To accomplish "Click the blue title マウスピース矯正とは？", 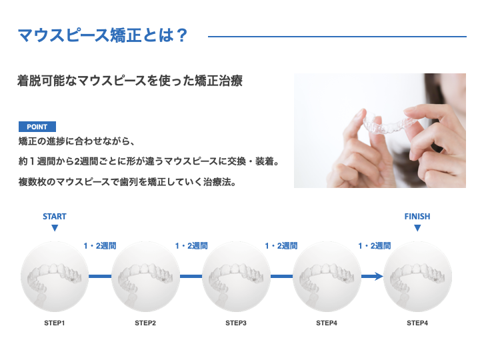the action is tap(102, 35).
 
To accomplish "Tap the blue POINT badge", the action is tap(37, 127).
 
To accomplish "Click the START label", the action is tap(55, 217).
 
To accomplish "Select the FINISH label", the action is tap(417, 217).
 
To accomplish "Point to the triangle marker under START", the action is tap(55, 228).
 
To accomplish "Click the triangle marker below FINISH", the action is tap(417, 228).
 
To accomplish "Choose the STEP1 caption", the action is tap(55, 323).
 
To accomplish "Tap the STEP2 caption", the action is tap(145, 323).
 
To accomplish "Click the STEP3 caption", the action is tap(236, 323).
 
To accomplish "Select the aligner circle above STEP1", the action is tap(55, 277).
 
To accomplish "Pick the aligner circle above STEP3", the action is tap(236, 277).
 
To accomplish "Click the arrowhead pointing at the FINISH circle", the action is tap(379, 277).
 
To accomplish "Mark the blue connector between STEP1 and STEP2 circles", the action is tap(100, 277).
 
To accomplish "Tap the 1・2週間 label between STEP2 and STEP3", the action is tap(191, 246).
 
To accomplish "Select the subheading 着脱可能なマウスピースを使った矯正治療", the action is tap(130, 81).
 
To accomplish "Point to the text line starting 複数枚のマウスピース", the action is tap(127, 182).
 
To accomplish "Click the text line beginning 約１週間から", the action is tap(149, 161).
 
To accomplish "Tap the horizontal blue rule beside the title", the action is tap(337, 37).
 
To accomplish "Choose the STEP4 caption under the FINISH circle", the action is tap(417, 323).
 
